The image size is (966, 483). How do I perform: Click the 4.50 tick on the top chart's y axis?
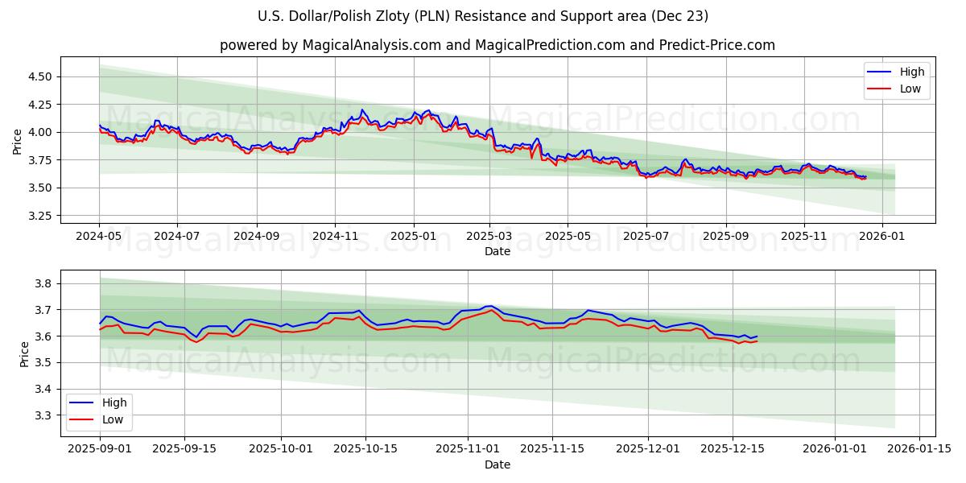[39, 76]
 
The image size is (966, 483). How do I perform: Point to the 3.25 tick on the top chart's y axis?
[39, 216]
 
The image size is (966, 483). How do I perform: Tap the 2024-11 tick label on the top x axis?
[335, 237]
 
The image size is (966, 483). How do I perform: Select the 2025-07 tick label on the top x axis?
[646, 237]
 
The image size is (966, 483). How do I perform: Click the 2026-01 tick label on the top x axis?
[882, 237]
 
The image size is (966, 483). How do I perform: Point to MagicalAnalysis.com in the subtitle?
[371, 45]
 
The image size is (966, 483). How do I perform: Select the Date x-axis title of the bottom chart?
[497, 464]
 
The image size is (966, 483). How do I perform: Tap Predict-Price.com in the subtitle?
[719, 45]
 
